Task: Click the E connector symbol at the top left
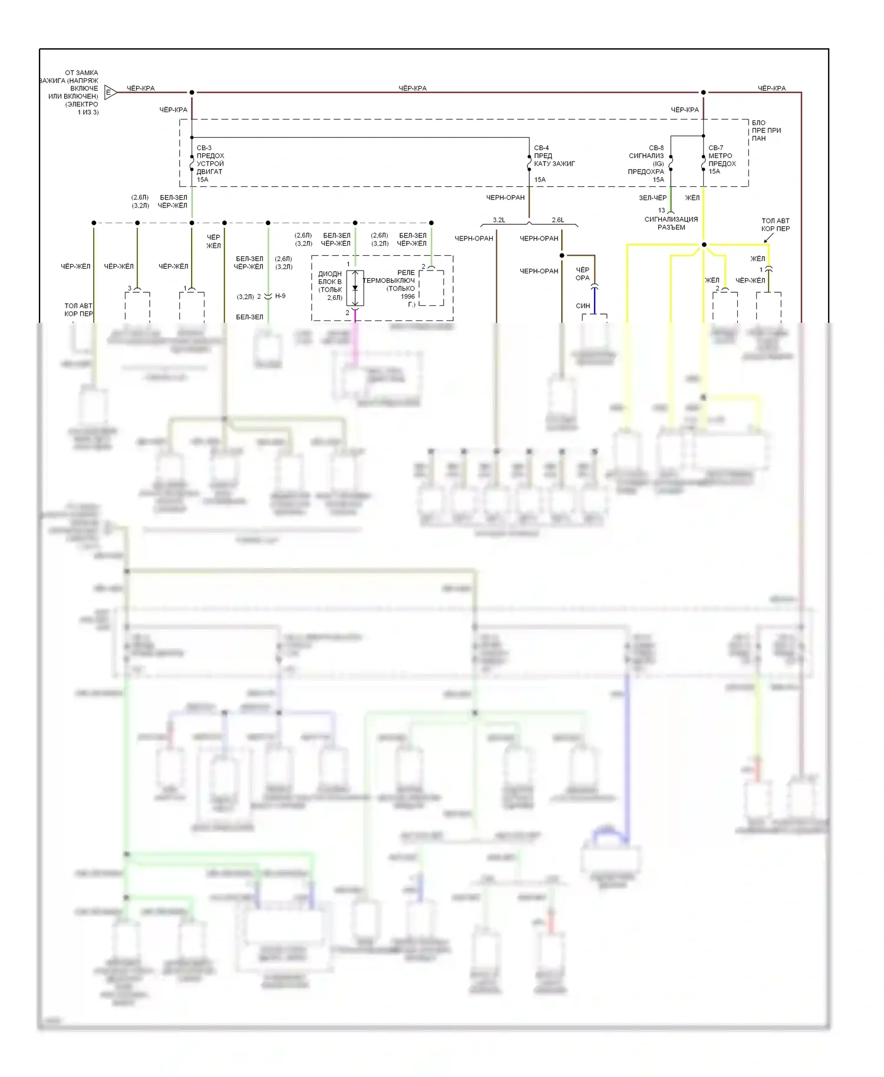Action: (110, 92)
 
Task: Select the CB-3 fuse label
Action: (204, 148)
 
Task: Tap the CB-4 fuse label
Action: (541, 148)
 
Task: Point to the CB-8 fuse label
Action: (656, 148)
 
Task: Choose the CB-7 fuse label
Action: (715, 148)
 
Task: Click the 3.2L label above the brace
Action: (499, 220)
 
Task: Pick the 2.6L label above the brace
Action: (558, 220)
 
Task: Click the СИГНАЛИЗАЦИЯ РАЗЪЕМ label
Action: (671, 223)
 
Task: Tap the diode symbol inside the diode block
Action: (355, 288)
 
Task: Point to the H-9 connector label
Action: (280, 296)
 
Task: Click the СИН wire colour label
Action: (583, 306)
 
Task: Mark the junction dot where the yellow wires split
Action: (704, 245)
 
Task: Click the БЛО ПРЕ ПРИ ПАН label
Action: (766, 130)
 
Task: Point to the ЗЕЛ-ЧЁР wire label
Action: (652, 198)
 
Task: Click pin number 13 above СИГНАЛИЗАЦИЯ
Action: (661, 210)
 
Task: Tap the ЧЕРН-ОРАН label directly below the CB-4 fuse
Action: (505, 197)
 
